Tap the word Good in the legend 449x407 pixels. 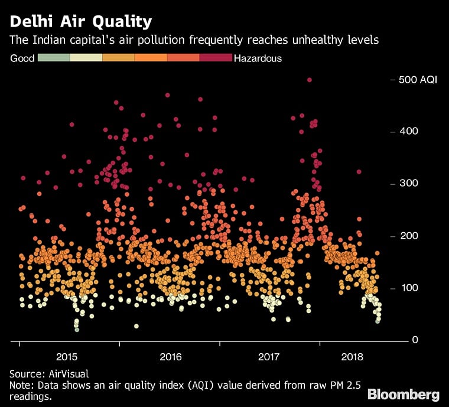pos(22,58)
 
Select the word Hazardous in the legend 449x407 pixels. pos(258,58)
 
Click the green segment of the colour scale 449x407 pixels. pos(54,58)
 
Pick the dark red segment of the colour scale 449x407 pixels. pos(216,58)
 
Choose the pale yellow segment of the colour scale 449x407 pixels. pos(86,58)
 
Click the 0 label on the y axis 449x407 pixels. pos(416,340)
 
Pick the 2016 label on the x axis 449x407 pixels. pos(170,357)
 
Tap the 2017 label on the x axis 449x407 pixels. pos(269,357)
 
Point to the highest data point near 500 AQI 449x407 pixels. pos(310,80)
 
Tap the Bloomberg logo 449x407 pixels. pos(404,394)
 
